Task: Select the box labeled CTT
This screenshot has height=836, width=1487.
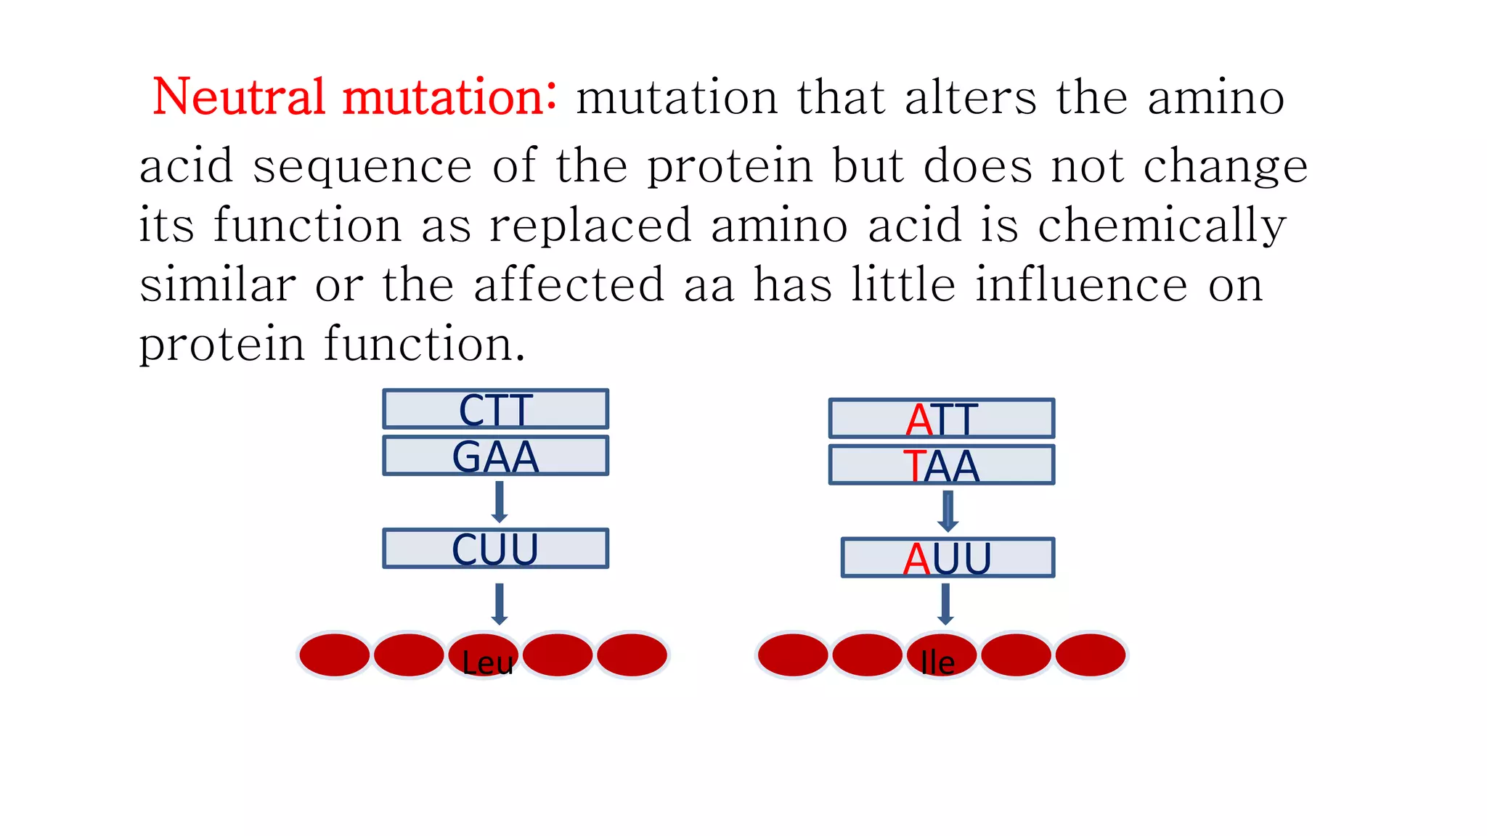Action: (496, 409)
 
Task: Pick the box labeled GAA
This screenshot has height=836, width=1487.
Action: (496, 456)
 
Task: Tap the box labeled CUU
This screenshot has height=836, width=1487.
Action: (496, 549)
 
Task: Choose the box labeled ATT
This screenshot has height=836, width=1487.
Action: (942, 419)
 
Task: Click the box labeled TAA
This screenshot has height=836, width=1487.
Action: (942, 465)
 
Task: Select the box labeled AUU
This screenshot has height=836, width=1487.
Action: (948, 558)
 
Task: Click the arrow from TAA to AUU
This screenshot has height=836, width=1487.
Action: (948, 511)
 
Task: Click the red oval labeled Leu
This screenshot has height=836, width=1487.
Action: (484, 655)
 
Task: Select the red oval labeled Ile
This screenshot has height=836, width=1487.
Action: (941, 655)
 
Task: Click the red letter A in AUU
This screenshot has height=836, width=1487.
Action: (916, 560)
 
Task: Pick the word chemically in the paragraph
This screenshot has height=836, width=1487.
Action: (1162, 226)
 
